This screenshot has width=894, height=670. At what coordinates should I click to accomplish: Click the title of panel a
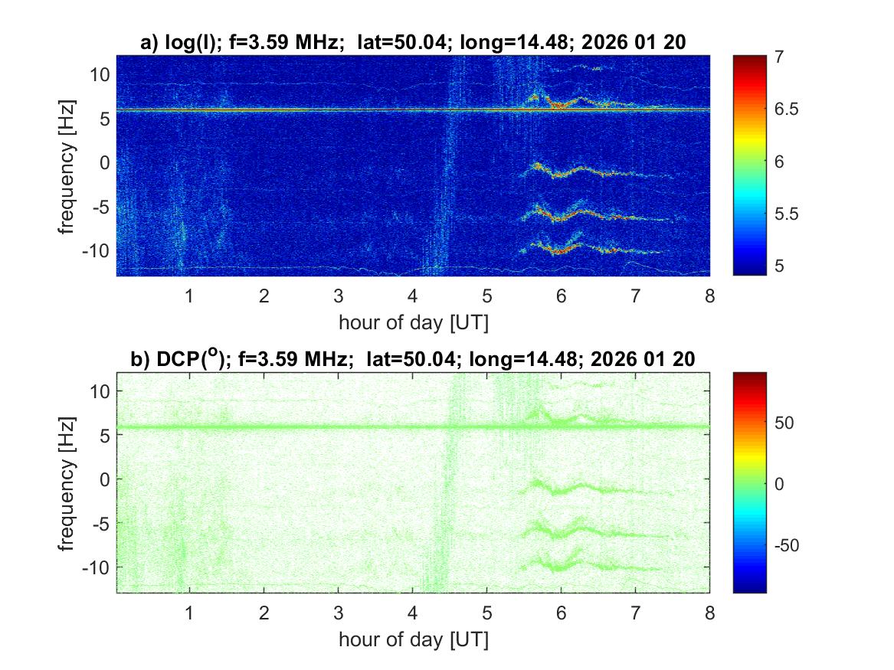(x=413, y=44)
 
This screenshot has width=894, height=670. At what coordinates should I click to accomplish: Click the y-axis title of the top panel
(x=68, y=165)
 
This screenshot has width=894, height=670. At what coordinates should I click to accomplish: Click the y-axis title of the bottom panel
(x=68, y=482)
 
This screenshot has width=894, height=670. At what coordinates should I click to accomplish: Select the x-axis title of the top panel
(x=413, y=322)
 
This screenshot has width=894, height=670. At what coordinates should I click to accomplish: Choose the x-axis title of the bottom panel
(x=413, y=639)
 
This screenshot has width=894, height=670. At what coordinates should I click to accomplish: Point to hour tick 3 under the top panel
(x=339, y=296)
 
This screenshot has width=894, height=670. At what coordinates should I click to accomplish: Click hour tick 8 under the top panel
(x=709, y=296)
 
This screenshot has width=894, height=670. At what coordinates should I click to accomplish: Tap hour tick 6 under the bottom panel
(x=561, y=613)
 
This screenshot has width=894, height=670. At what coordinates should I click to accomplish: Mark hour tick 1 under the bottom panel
(x=189, y=613)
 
